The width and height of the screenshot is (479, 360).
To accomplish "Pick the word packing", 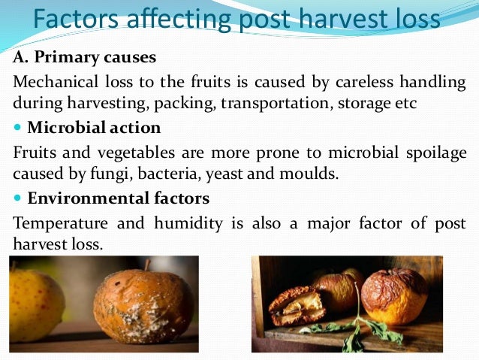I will [x=185, y=103].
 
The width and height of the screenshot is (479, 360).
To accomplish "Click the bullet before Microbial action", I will [x=17, y=128].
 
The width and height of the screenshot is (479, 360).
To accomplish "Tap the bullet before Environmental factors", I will [x=17, y=199].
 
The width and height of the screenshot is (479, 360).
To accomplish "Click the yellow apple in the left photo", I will [x=34, y=304].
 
